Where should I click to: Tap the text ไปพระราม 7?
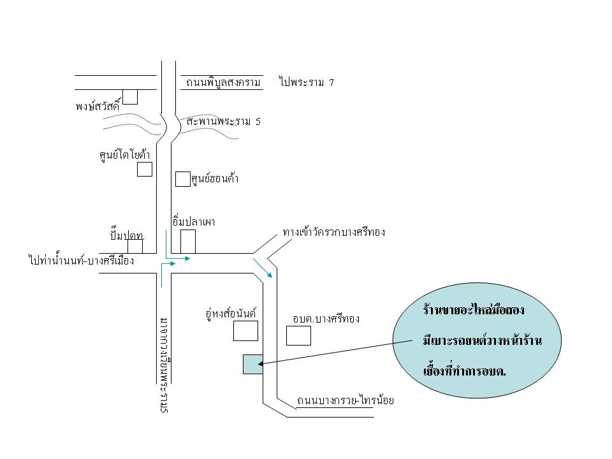point(306,82)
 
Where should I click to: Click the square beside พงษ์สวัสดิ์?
point(130,96)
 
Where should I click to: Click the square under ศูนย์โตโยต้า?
point(145,169)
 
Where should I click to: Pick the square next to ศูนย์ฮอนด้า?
point(182,179)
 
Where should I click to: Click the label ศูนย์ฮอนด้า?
point(215,179)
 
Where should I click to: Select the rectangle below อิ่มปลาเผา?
point(188,241)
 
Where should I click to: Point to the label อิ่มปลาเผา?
point(193,222)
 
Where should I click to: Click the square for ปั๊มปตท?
point(135,246)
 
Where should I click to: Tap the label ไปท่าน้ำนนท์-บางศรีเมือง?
point(81,261)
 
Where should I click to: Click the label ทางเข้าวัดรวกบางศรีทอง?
point(333,233)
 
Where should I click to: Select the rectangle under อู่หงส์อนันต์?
point(245,331)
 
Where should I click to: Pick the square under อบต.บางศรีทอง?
point(298,335)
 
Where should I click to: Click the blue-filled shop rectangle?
point(252,364)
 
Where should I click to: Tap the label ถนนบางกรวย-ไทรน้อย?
point(346,401)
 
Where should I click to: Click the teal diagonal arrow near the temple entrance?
point(263,268)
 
